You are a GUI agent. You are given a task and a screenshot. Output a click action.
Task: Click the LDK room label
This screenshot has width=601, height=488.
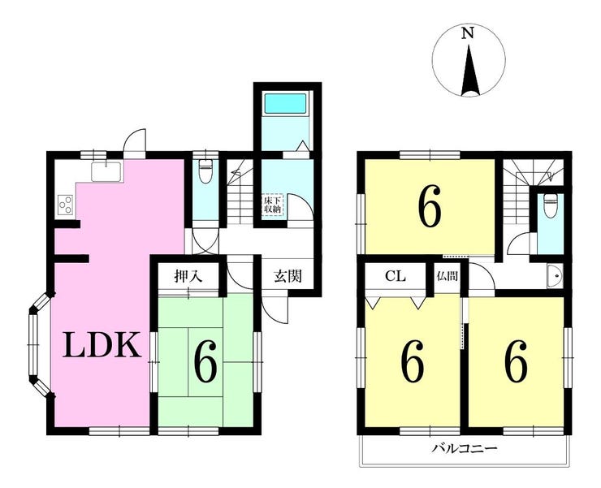[102, 344]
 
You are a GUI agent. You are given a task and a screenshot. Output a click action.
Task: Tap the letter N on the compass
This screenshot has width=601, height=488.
[467, 33]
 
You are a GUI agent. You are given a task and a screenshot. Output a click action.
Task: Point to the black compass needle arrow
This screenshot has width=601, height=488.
[470, 71]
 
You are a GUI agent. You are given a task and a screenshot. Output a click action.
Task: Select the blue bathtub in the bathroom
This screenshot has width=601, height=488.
[286, 102]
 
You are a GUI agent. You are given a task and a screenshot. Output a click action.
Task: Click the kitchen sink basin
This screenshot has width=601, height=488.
[106, 172]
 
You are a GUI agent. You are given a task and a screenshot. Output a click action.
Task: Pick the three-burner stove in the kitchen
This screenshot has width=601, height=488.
[65, 204]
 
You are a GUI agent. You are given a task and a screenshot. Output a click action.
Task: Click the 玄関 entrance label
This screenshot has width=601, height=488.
[288, 276]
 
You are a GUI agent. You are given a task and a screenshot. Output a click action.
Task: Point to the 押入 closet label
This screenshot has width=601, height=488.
[188, 275]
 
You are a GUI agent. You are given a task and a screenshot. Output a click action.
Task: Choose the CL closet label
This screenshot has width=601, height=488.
[396, 276]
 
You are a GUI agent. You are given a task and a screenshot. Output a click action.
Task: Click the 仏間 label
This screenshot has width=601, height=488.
[448, 276]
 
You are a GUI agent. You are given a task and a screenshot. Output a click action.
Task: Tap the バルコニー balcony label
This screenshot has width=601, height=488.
[465, 447]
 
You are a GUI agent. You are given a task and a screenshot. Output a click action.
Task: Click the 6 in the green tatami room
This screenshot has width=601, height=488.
[205, 361]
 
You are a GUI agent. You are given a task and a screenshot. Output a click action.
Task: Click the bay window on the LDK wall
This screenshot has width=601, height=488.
[39, 344]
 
